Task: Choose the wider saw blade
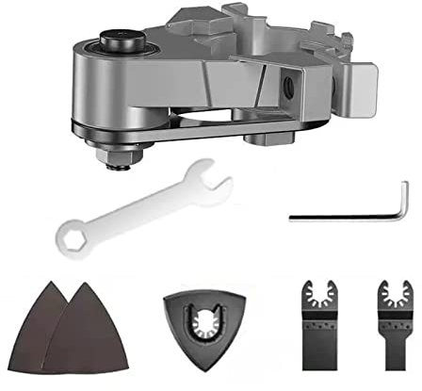pos(315,325)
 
